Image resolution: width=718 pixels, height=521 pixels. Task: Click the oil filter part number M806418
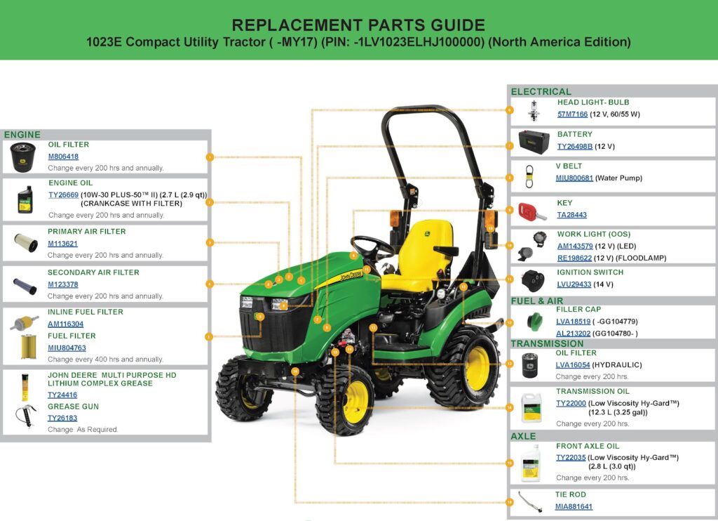pos(63,157)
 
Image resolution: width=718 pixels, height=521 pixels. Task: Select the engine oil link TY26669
pos(63,195)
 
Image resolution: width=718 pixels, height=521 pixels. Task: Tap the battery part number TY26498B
pos(575,146)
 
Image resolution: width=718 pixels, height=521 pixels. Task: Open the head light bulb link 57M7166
pos(572,114)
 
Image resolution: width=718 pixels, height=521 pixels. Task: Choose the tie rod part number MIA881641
pos(574,507)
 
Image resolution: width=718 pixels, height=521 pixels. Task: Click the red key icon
pos(531,212)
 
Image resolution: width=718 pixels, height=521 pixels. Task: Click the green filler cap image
pos(534,321)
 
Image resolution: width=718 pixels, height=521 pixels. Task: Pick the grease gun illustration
pos(25,416)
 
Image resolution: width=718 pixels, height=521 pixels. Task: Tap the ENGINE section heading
pos(22,135)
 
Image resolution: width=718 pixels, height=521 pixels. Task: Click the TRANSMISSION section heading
pos(547,344)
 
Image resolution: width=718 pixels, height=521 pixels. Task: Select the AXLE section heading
pos(523,436)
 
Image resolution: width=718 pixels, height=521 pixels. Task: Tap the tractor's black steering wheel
pos(372,246)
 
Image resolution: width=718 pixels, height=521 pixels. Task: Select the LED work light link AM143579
pos(575,246)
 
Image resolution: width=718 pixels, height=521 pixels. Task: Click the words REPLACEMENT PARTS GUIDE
pos(358,25)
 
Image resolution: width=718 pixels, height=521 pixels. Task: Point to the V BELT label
pos(569,166)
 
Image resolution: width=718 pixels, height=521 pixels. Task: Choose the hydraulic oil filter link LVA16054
pos(572,365)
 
